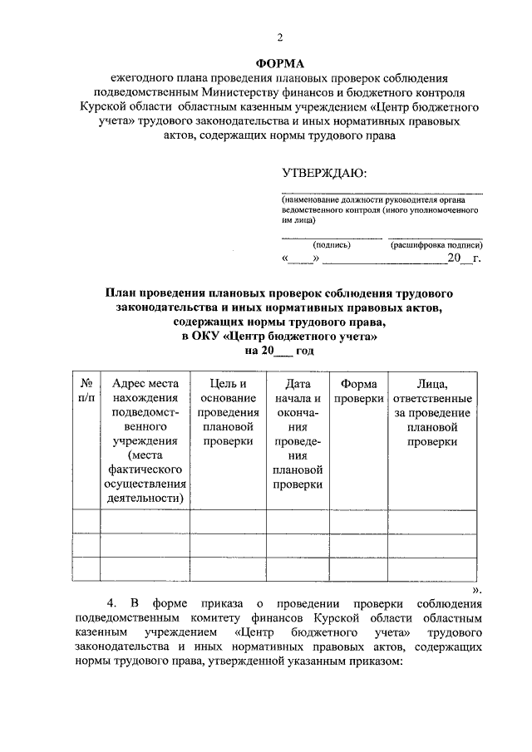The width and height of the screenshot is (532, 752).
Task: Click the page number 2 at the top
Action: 280,37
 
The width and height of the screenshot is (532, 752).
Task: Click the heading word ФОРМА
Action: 279,63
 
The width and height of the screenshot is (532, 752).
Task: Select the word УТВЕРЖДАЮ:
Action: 323,173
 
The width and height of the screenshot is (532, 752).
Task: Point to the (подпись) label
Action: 332,245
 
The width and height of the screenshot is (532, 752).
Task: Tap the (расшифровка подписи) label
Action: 436,245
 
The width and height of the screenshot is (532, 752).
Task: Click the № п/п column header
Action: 86,391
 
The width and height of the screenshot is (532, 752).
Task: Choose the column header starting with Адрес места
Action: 145,440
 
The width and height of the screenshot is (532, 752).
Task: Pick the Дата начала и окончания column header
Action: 297,434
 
